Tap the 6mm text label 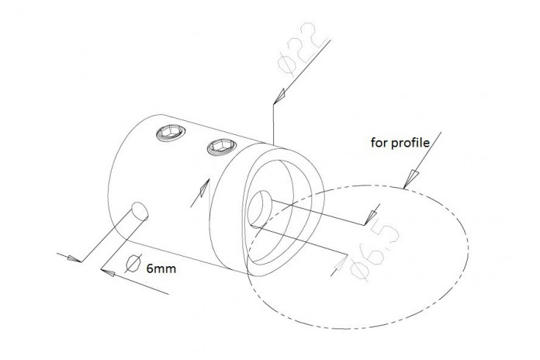(x=161, y=268)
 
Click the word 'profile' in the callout (x=410, y=142)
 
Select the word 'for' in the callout (x=379, y=142)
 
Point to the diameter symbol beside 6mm (x=133, y=264)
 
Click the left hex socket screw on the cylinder (x=171, y=133)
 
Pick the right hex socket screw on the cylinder (x=222, y=147)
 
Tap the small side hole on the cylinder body (x=140, y=211)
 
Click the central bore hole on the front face (x=260, y=209)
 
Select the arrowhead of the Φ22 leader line (x=279, y=95)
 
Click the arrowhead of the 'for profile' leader (x=411, y=178)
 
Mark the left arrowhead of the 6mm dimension (x=74, y=258)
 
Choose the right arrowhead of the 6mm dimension (x=108, y=273)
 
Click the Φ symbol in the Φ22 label (x=286, y=64)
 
